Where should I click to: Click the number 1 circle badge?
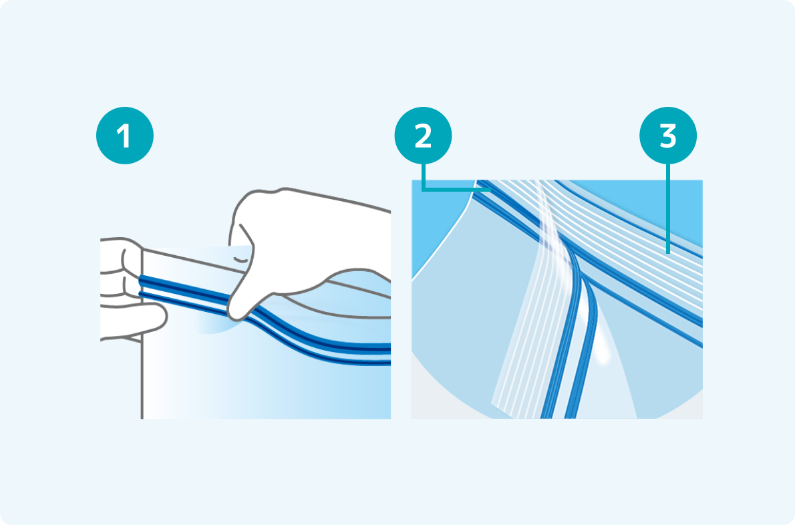click(125, 136)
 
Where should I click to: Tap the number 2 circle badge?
click(423, 136)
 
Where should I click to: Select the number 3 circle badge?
click(668, 136)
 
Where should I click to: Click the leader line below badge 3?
click(668, 208)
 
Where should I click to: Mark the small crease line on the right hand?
click(242, 260)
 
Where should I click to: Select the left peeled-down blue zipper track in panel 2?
click(563, 345)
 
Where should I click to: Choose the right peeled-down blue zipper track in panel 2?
click(583, 355)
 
